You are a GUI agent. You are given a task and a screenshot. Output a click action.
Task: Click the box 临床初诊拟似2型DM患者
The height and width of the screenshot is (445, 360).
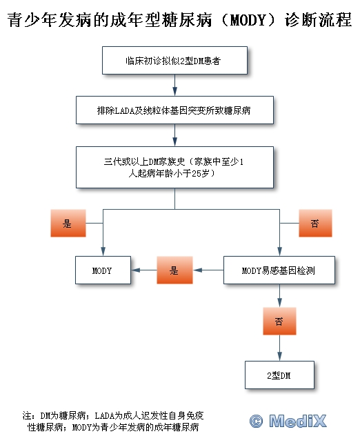click(x=174, y=61)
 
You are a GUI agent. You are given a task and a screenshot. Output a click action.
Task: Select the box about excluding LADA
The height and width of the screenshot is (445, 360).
click(x=174, y=110)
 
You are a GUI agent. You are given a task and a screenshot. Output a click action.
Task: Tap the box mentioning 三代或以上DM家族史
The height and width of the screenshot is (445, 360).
click(x=174, y=167)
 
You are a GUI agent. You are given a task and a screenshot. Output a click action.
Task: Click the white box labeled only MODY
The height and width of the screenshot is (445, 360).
click(x=103, y=270)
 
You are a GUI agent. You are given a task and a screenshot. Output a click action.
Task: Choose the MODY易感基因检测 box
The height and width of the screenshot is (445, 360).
click(x=279, y=270)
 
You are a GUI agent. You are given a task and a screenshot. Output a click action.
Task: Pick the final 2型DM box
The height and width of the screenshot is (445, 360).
click(x=279, y=375)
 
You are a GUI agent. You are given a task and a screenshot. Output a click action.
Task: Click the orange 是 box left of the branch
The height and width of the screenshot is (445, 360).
click(x=68, y=223)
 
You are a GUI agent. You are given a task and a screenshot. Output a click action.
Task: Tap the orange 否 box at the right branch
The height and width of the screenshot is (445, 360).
click(x=315, y=223)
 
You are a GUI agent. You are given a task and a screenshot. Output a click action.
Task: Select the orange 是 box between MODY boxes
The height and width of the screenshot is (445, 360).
click(x=174, y=270)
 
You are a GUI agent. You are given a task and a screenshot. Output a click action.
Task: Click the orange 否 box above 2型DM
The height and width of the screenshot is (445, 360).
click(x=279, y=322)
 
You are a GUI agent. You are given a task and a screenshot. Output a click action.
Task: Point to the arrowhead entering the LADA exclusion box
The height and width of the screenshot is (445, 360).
click(x=174, y=92)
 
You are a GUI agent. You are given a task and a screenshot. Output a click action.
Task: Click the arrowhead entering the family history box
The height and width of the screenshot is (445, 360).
click(x=174, y=142)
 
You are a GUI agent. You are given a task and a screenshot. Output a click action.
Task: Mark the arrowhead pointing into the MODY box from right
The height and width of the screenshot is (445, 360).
click(x=135, y=270)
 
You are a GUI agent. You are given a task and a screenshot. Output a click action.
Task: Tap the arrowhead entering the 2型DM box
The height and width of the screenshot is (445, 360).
click(x=279, y=357)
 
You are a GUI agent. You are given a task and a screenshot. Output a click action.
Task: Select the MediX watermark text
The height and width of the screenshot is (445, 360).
click(x=298, y=421)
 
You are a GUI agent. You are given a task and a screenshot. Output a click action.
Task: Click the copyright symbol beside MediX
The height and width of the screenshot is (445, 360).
click(x=256, y=421)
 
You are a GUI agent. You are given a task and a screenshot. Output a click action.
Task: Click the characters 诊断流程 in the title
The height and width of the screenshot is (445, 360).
click(x=319, y=20)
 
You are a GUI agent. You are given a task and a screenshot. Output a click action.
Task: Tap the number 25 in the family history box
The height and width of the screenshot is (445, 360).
click(x=196, y=173)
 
